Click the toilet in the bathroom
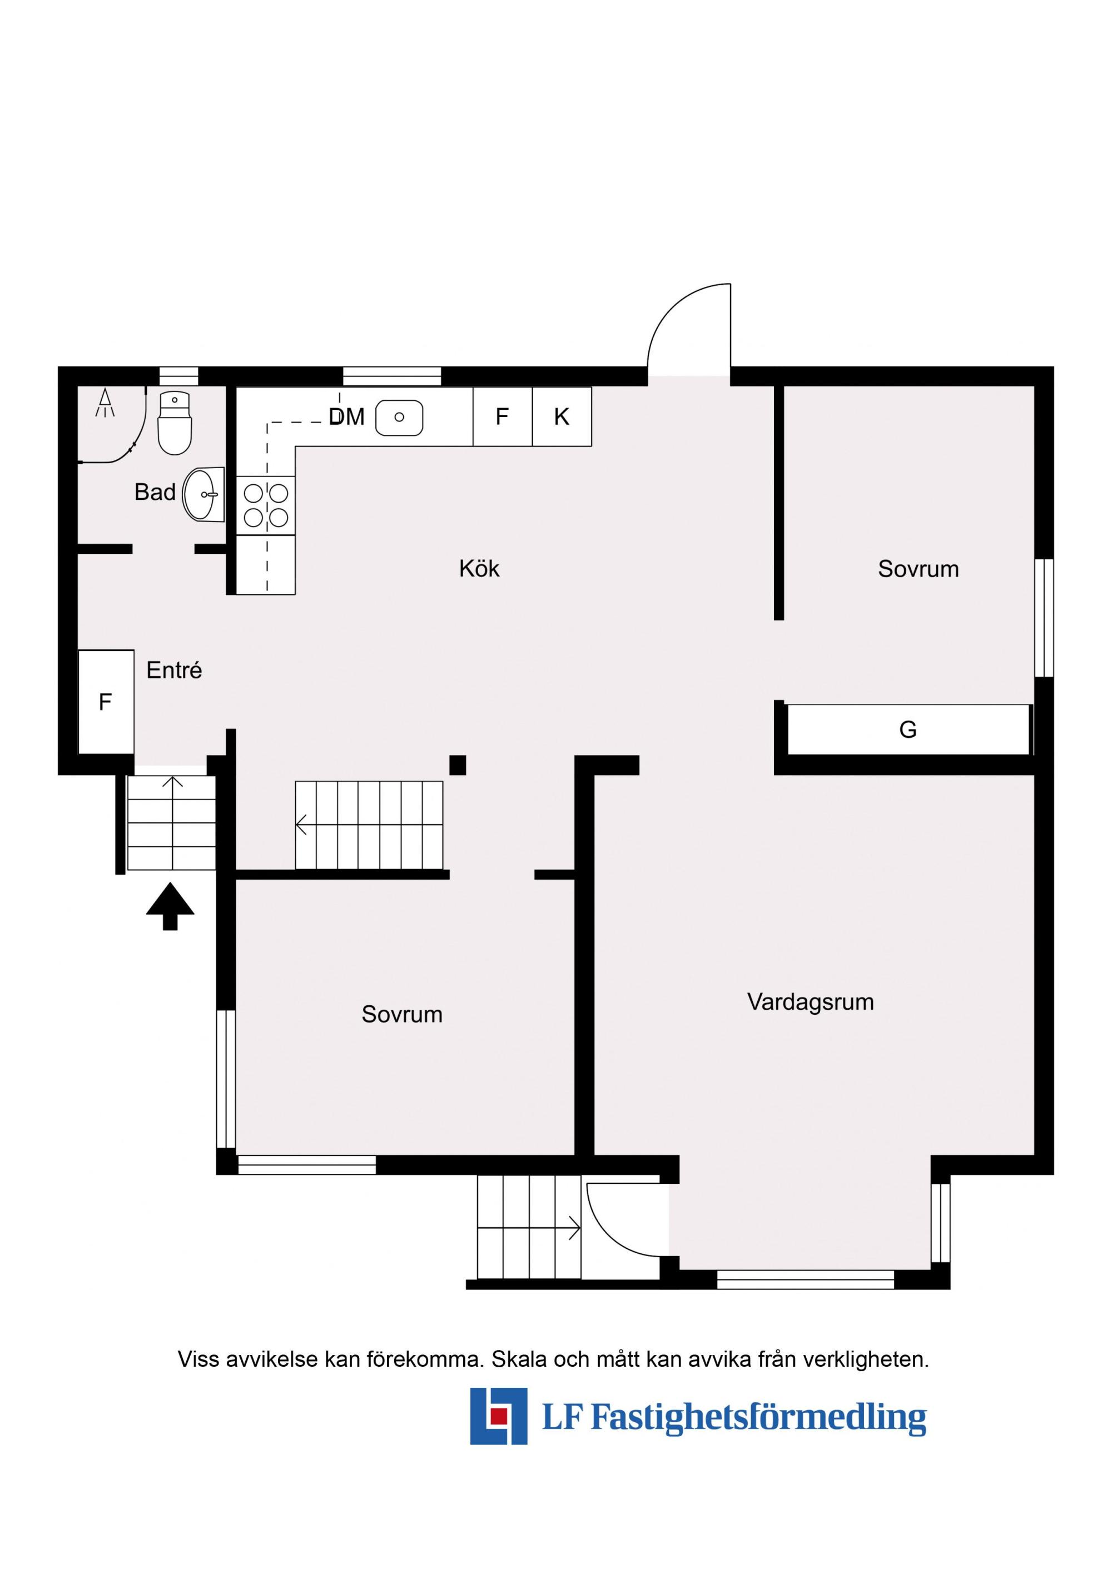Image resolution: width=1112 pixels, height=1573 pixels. [x=175, y=423]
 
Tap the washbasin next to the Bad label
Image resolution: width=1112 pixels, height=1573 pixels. [x=204, y=494]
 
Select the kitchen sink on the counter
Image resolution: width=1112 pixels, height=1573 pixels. [x=399, y=417]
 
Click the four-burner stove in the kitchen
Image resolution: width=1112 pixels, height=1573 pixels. [x=266, y=505]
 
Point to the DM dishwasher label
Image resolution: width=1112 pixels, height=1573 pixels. [x=347, y=416]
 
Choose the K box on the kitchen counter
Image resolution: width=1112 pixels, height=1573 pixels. [x=562, y=416]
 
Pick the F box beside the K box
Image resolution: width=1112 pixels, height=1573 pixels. [x=502, y=416]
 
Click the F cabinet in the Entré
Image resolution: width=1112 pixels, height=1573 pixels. [x=106, y=702]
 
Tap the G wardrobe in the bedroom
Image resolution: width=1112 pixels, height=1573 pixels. [x=908, y=730]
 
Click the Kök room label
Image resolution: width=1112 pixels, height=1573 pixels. [x=480, y=569]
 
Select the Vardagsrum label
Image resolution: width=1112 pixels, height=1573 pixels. [x=811, y=1001]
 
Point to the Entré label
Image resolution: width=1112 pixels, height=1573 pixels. [x=174, y=670]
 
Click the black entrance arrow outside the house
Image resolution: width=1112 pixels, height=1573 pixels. [x=170, y=906]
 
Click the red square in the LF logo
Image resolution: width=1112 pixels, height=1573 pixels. [x=498, y=1416]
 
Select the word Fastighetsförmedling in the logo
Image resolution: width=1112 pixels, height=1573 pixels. [x=758, y=1417]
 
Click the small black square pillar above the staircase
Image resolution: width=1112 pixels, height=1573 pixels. [x=458, y=765]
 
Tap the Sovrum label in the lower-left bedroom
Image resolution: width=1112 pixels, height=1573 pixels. [x=402, y=1014]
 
